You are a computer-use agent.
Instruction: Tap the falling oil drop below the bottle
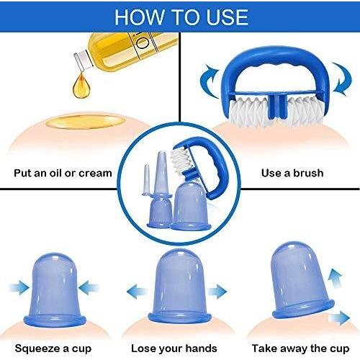pos(82,86)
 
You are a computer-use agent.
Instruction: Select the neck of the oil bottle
pos(83,60)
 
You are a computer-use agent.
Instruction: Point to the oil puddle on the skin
pos(85,122)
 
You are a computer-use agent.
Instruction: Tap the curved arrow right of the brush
pos(342,79)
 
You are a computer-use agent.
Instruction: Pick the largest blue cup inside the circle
pos(191,207)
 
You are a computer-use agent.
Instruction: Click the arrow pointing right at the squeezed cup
pos(19,287)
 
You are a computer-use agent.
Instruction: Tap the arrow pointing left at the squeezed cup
pos(89,287)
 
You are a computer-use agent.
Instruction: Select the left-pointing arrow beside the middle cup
pos(137,292)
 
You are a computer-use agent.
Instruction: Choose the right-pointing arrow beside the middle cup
pos(217,292)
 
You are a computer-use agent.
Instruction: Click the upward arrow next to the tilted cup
pos(335,279)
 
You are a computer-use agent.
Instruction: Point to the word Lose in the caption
pos(142,348)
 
